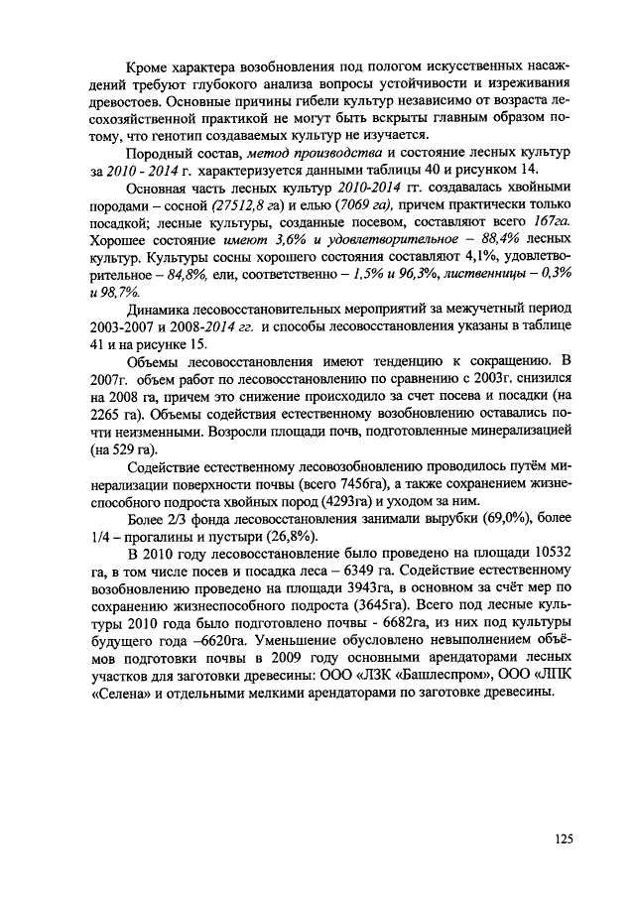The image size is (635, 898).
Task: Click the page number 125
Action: (x=563, y=838)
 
